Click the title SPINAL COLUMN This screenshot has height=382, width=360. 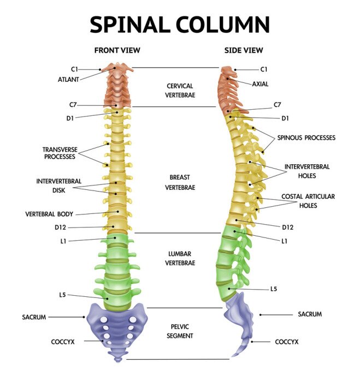(x=180, y=25)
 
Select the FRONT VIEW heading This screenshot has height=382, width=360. (x=117, y=50)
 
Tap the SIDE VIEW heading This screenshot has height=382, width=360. (x=244, y=50)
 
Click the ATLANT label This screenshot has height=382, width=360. (x=68, y=79)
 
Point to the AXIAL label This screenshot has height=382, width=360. (x=261, y=84)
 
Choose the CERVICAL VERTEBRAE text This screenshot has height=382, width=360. (x=181, y=90)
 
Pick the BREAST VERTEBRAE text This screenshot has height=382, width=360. (x=181, y=182)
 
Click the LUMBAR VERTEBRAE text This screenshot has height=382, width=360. (x=181, y=258)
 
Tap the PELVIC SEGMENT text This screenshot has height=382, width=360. (x=181, y=331)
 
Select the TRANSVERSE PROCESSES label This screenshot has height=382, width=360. (x=59, y=153)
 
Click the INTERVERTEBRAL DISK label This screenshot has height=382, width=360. (x=59, y=186)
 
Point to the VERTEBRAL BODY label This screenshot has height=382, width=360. (x=49, y=214)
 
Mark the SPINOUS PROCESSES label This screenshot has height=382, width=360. (x=306, y=138)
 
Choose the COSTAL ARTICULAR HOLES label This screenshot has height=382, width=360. (x=308, y=201)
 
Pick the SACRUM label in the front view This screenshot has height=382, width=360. (x=34, y=317)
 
